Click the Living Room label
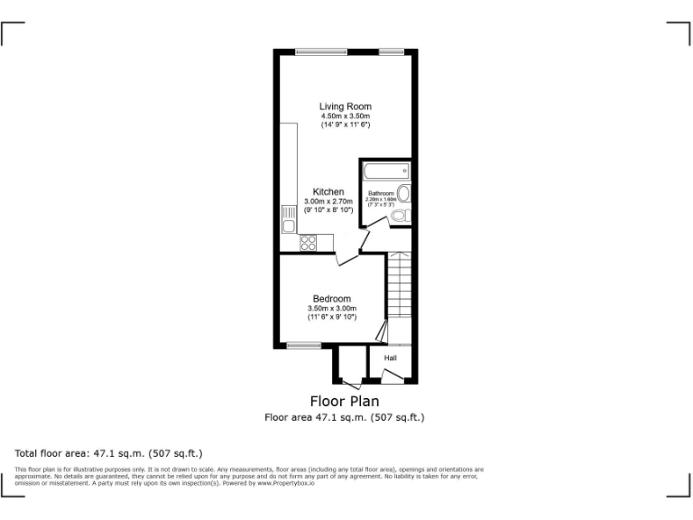345,107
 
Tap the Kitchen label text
328,192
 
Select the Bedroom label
331,299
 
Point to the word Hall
390,358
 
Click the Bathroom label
381,193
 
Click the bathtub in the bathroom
386,172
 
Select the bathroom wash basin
404,194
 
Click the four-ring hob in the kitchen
308,242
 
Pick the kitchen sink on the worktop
289,218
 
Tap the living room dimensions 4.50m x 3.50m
345,116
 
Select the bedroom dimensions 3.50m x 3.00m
331,309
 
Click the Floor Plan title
344,401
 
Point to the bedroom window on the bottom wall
303,346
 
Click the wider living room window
321,51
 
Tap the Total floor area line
108,452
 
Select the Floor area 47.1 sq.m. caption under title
344,417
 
